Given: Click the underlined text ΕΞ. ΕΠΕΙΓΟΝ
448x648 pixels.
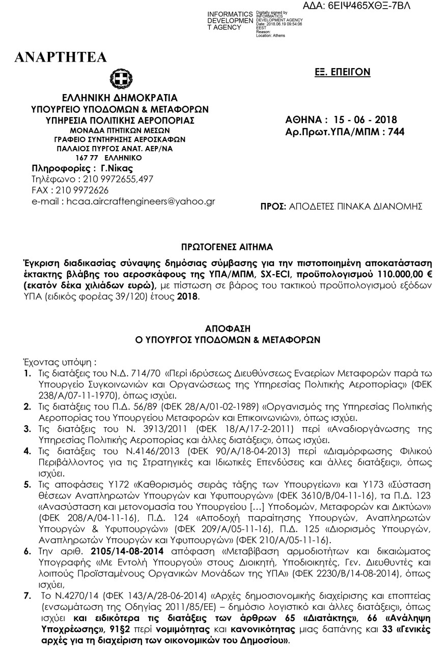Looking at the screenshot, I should click(342, 73).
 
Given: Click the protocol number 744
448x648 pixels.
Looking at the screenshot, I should click(396, 132).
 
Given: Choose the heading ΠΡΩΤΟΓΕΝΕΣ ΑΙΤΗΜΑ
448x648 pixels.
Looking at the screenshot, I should click(227, 248).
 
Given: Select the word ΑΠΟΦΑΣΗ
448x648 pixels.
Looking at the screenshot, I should click(227, 329).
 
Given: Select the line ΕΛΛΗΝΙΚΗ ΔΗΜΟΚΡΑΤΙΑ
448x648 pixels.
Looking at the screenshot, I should click(120, 98).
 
